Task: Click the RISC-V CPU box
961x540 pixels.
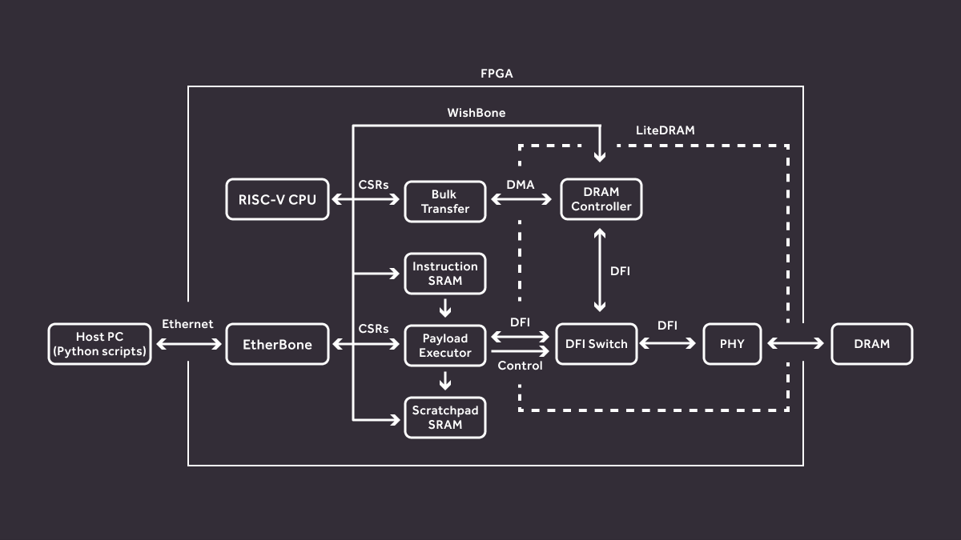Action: [x=277, y=199]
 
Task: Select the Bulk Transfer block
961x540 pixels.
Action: [x=444, y=202]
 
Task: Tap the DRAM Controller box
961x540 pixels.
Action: [x=601, y=199]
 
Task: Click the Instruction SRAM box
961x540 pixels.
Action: [x=444, y=274]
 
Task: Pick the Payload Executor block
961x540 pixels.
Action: [x=444, y=345]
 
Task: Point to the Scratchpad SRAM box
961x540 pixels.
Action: [x=444, y=417]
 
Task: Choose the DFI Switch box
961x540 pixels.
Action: [x=596, y=344]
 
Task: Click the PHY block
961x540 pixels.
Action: [x=732, y=344]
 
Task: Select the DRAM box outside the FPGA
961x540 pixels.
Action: [x=871, y=344]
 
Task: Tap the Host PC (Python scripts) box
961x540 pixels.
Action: [x=100, y=344]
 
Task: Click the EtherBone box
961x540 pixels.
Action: [x=277, y=344]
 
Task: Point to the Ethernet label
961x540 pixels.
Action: [x=187, y=324]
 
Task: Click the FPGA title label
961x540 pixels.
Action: [x=497, y=74]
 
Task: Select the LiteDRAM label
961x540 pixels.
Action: [x=665, y=130]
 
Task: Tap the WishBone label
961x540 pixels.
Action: [x=476, y=113]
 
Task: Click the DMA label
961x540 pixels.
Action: [x=521, y=185]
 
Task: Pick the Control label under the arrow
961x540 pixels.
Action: [x=520, y=366]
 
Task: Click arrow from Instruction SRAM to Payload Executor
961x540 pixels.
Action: [x=445, y=307]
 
